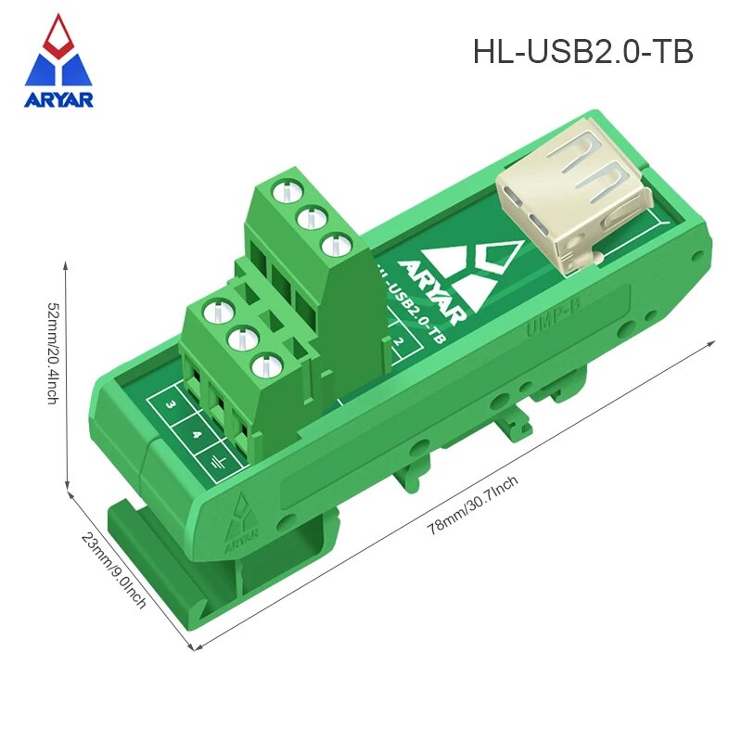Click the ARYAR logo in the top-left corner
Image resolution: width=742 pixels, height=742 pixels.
[x=58, y=62]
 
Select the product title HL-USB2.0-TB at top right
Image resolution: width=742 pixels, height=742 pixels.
[x=582, y=52]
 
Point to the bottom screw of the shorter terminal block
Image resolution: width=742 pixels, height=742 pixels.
[x=269, y=365]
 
